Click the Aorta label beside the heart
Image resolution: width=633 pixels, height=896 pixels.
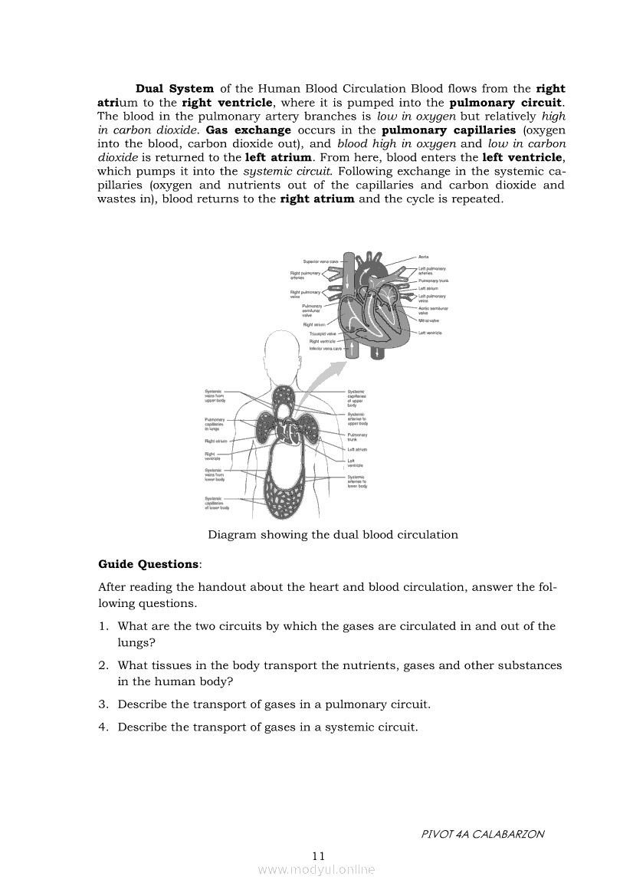click(423, 256)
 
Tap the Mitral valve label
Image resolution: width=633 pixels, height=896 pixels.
click(428, 320)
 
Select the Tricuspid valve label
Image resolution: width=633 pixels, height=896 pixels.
click(323, 334)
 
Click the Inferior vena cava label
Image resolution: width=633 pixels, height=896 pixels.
click(326, 348)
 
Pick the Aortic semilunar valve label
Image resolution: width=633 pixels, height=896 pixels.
click(433, 310)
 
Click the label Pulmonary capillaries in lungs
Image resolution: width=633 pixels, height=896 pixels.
click(214, 425)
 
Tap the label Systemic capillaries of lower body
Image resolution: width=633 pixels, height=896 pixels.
click(216, 503)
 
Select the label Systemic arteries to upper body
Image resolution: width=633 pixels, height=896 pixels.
click(357, 418)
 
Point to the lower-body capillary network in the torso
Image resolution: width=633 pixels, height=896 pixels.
click(285, 486)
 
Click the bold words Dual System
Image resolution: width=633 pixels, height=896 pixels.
click(175, 89)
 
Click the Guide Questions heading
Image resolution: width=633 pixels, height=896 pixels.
click(149, 564)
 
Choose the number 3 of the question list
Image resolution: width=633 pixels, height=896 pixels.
click(103, 704)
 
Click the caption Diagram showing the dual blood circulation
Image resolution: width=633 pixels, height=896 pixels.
click(333, 535)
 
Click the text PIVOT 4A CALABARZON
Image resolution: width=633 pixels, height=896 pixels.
click(482, 834)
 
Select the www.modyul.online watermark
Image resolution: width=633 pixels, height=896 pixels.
click(316, 870)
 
